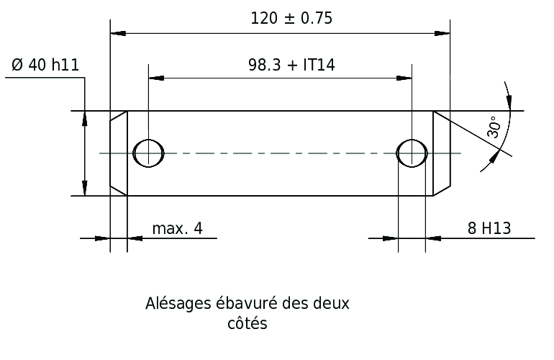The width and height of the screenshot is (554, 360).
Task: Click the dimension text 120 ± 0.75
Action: tap(291, 19)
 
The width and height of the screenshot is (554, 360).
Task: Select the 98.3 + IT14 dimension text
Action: tap(291, 65)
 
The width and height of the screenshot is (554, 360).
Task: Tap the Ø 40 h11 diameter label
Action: tap(45, 65)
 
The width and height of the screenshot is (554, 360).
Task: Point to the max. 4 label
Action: tap(178, 229)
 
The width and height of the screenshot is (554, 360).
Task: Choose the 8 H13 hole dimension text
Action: tap(489, 228)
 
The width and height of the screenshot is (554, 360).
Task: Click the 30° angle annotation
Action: tap(494, 127)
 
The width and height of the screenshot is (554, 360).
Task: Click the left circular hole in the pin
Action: tap(148, 153)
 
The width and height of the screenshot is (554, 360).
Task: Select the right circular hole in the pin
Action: tap(412, 153)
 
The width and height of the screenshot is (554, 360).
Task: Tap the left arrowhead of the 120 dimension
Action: tap(118, 33)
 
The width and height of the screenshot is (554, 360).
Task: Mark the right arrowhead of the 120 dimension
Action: tap(442, 33)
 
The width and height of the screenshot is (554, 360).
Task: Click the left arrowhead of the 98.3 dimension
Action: tap(156, 78)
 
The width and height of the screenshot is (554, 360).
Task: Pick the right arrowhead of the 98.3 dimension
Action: tap(404, 78)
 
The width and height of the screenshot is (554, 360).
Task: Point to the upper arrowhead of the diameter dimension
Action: tap(84, 119)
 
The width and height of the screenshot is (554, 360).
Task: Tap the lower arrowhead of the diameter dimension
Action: tap(84, 188)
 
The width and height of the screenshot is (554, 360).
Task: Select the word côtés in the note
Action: tap(248, 323)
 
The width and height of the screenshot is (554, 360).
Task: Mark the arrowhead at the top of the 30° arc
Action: tap(509, 101)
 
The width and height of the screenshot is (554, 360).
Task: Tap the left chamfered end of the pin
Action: tap(119, 153)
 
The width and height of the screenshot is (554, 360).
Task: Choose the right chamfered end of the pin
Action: tap(442, 153)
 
